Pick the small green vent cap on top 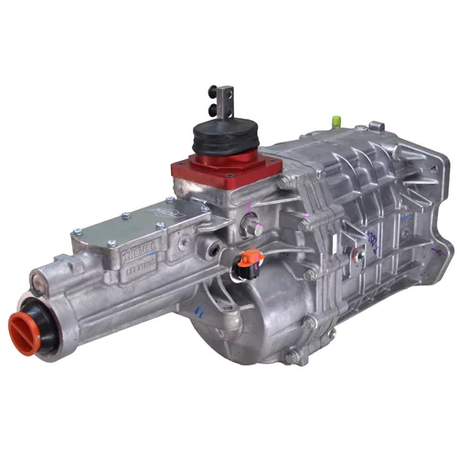[x=336, y=119]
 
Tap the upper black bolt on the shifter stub [x=211, y=90]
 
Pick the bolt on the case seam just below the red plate [x=285, y=183]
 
